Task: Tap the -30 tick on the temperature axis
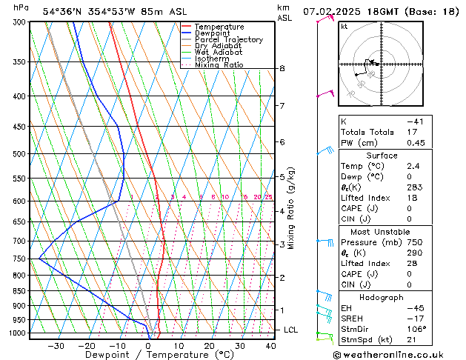[x=56, y=345]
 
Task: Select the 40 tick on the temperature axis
[x=270, y=345]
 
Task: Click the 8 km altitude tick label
[x=282, y=69]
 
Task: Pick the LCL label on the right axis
[x=291, y=330]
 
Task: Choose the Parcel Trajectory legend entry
[x=228, y=40]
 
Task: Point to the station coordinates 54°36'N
[x=64, y=11]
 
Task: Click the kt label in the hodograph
[x=344, y=27]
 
